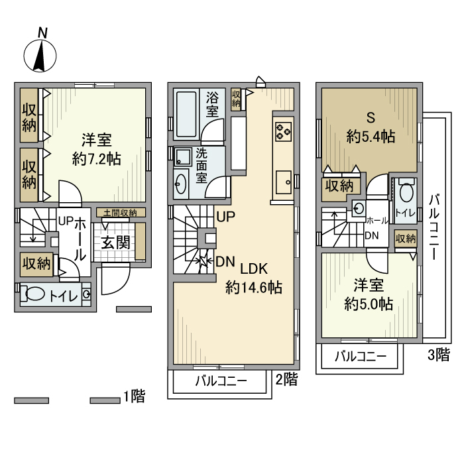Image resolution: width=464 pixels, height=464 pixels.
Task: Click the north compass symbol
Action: pyautogui.click(x=40, y=54)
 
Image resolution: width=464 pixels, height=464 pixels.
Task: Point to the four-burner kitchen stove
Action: pyautogui.click(x=283, y=130)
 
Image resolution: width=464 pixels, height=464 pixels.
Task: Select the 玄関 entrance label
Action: pyautogui.click(x=115, y=242)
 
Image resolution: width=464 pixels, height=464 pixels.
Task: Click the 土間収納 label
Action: pyautogui.click(x=120, y=213)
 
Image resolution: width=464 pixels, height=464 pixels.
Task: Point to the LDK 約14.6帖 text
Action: pyautogui.click(x=253, y=278)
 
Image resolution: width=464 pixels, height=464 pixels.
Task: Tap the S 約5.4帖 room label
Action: pyautogui.click(x=371, y=128)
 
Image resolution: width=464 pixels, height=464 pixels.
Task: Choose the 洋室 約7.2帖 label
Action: pyautogui.click(x=96, y=150)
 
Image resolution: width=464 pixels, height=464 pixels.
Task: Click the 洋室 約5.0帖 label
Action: pyautogui.click(x=368, y=295)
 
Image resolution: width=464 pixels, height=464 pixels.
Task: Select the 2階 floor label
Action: pyautogui.click(x=286, y=380)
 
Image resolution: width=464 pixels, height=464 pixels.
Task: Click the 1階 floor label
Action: pyautogui.click(x=134, y=397)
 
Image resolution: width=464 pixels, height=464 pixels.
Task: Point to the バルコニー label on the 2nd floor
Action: pyautogui.click(x=221, y=382)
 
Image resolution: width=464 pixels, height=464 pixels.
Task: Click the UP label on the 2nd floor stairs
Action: pyautogui.click(x=225, y=217)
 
